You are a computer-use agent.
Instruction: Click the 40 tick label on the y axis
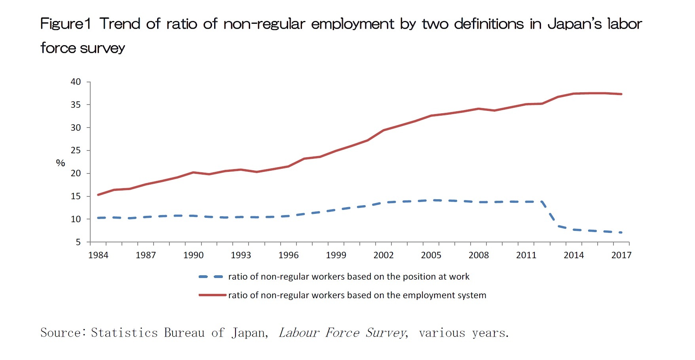[x=75, y=82]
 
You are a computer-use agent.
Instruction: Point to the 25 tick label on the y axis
[x=75, y=150]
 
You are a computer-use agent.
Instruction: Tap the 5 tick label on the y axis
[x=78, y=242]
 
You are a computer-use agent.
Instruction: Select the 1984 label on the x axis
[x=98, y=255]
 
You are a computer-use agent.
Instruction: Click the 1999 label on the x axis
[x=336, y=255]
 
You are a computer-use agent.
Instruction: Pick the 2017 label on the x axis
[x=621, y=255]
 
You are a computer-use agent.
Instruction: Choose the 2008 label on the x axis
[x=479, y=255]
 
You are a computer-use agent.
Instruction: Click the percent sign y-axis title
[x=60, y=163]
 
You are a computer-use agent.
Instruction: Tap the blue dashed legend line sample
[x=211, y=276]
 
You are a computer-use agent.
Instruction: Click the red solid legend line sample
[x=212, y=295]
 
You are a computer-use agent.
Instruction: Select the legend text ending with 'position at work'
[x=349, y=276]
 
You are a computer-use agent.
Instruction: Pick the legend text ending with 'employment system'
[x=357, y=295]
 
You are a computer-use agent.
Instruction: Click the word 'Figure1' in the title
[x=66, y=24]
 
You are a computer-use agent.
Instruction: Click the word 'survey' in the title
[x=102, y=48]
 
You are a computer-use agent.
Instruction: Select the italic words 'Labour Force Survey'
[x=343, y=333]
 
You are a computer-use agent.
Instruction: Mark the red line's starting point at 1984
[x=98, y=195]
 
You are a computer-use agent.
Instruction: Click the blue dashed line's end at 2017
[x=621, y=232]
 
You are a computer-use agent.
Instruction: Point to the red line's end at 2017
[x=621, y=94]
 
